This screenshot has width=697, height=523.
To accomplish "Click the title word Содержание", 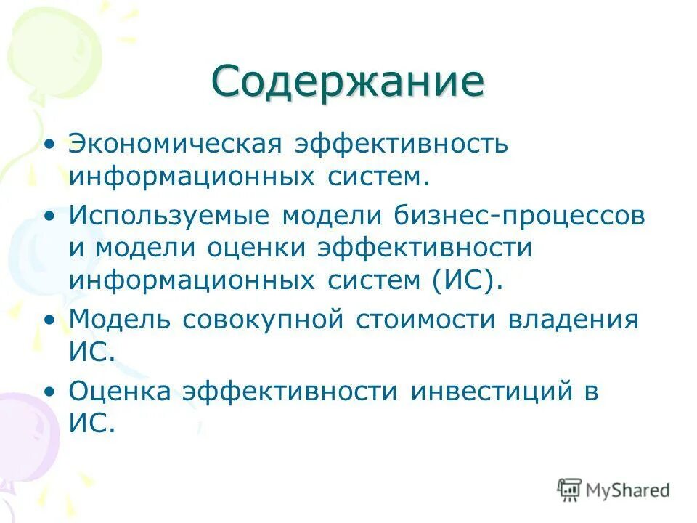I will click(x=348, y=81).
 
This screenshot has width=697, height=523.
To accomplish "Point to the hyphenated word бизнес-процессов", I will click(x=520, y=216).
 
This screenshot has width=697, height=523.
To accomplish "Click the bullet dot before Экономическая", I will click(x=49, y=144).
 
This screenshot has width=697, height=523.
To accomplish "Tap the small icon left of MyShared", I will click(x=569, y=490).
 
